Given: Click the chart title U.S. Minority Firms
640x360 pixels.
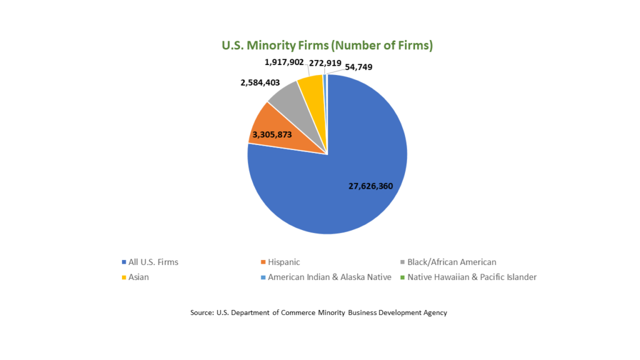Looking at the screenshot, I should coord(327,46).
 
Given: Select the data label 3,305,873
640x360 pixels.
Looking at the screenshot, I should coord(272,134).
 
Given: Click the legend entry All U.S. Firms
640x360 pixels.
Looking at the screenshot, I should coord(153,262).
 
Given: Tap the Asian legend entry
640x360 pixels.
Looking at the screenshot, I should coord(139,277).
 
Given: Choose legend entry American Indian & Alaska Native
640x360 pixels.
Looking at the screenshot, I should coord(329,277).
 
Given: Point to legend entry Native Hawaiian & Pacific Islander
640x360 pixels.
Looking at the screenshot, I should coord(472,277).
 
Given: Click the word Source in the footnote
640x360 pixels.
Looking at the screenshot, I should coord(201,312).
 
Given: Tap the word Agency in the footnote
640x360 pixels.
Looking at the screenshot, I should coord(434,312).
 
